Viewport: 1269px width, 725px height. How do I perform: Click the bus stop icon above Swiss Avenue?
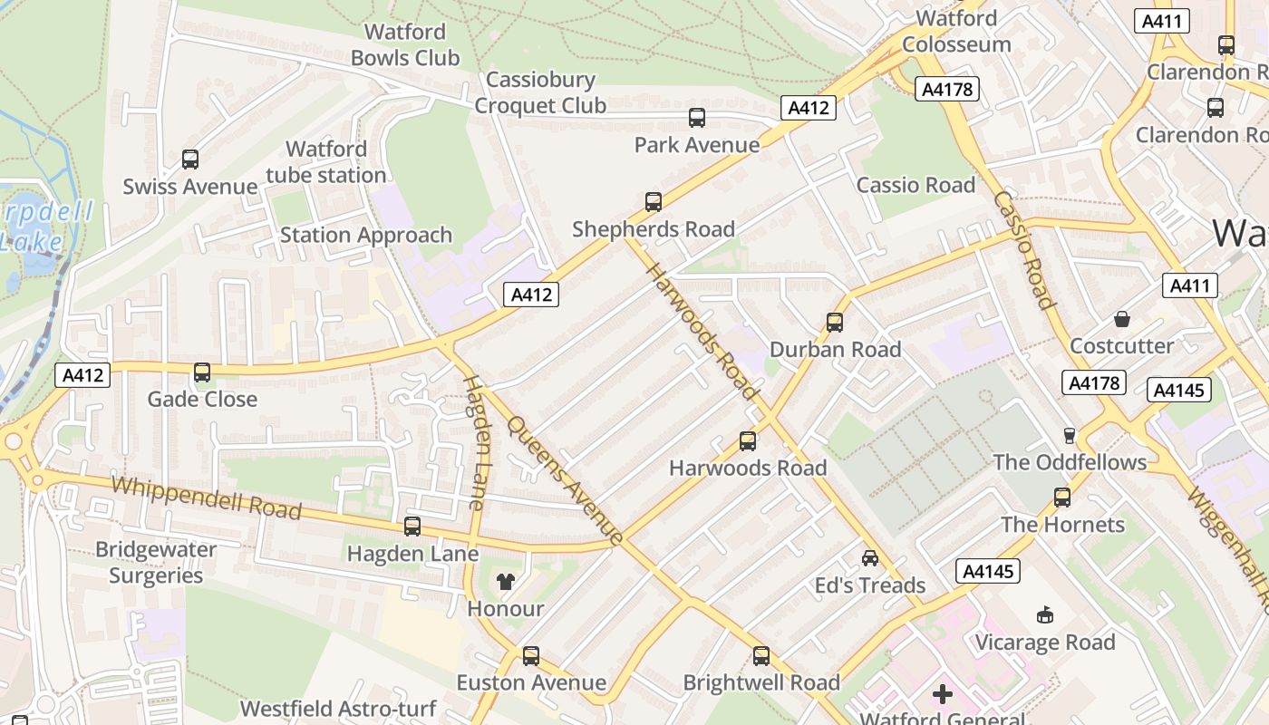(190, 159)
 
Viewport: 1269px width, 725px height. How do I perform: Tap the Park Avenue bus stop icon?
(696, 118)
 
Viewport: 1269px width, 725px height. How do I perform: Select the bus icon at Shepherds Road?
(653, 202)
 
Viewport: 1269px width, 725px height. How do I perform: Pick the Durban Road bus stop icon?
(834, 323)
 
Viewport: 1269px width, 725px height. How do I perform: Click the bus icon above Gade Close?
(201, 372)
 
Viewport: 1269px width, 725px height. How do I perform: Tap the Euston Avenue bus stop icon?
(530, 655)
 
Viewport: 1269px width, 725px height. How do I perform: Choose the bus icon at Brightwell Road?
(760, 656)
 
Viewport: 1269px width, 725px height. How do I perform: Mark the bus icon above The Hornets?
(1061, 498)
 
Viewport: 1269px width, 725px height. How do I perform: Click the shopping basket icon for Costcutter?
(1121, 319)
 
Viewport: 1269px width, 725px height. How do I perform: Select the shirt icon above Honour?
(505, 582)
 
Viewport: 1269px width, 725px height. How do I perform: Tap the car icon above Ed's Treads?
(869, 558)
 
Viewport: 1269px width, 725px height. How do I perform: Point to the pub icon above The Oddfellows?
(1069, 436)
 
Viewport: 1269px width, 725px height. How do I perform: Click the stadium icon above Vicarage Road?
(1044, 615)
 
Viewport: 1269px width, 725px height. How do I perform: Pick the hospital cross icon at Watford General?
(942, 695)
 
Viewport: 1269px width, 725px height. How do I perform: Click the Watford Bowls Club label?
(404, 44)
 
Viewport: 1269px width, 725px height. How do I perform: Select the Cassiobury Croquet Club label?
(540, 92)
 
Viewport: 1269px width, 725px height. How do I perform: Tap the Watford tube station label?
(326, 161)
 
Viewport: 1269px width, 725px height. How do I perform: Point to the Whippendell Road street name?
(206, 497)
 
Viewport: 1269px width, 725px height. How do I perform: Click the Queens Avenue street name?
(565, 480)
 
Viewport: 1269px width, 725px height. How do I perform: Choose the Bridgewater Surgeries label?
(156, 562)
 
